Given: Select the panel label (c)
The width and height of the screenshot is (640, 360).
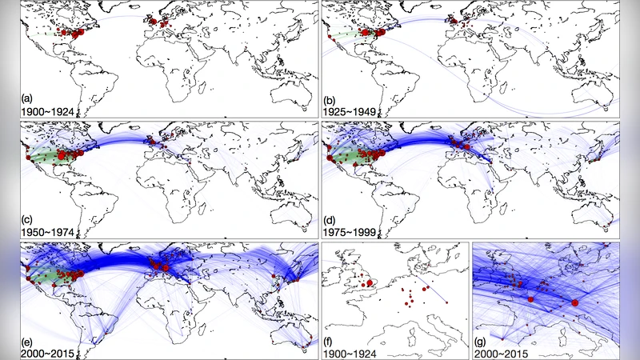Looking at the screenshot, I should click(26, 218).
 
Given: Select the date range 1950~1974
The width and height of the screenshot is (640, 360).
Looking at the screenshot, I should click(45, 230).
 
